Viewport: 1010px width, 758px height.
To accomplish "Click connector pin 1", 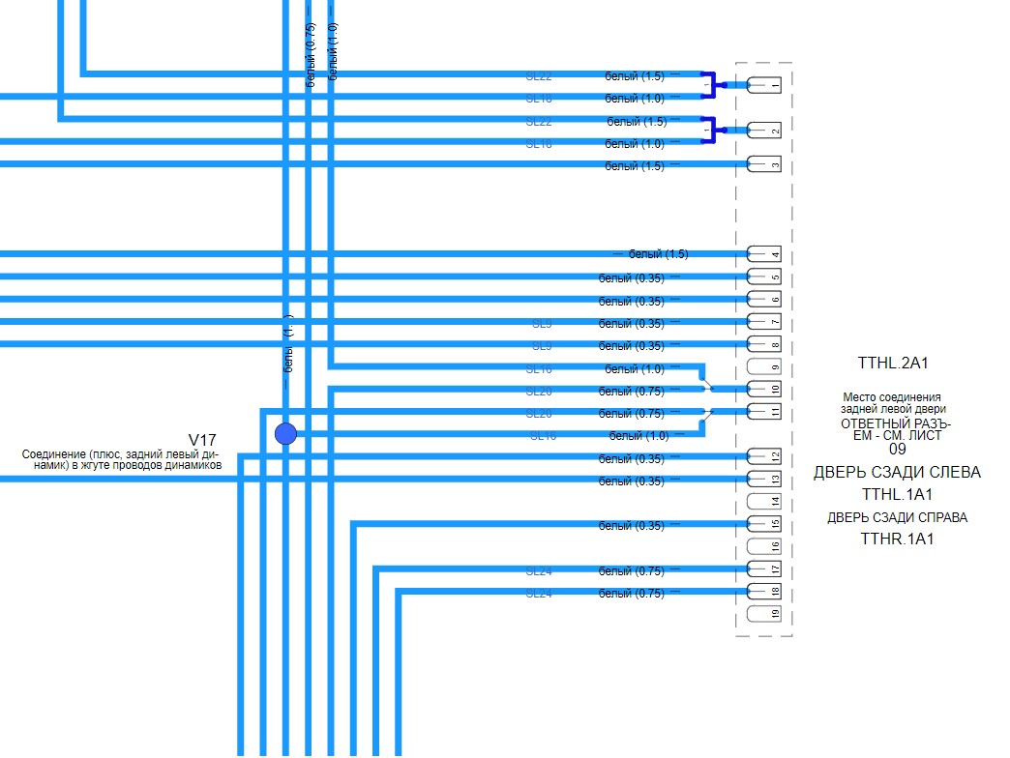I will click(764, 86).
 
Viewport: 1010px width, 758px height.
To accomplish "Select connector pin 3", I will click(764, 164).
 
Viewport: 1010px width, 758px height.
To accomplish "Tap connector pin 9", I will click(764, 366).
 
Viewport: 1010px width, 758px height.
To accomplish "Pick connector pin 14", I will click(764, 502).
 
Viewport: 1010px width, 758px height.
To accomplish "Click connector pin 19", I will click(764, 614).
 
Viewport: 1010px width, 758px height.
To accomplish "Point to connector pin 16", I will click(764, 546).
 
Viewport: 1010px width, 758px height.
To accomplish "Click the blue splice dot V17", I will click(285, 433).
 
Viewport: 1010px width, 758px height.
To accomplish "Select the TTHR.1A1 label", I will click(897, 539).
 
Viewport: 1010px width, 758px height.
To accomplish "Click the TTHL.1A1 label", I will click(897, 494).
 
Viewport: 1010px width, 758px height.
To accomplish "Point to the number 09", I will click(898, 450).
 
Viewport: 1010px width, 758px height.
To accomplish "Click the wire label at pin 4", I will click(658, 254).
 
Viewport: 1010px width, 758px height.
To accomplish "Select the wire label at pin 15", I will click(631, 526).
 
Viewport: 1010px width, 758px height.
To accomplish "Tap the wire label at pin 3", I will click(635, 166).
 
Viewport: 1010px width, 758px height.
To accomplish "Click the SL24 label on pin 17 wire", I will click(539, 571).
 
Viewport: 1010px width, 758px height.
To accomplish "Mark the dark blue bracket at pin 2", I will click(709, 131).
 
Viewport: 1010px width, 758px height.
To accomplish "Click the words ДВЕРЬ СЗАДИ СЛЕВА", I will click(897, 473).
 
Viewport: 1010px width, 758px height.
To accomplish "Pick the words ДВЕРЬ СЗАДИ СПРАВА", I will click(897, 517).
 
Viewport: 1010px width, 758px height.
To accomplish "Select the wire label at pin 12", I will click(631, 459).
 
